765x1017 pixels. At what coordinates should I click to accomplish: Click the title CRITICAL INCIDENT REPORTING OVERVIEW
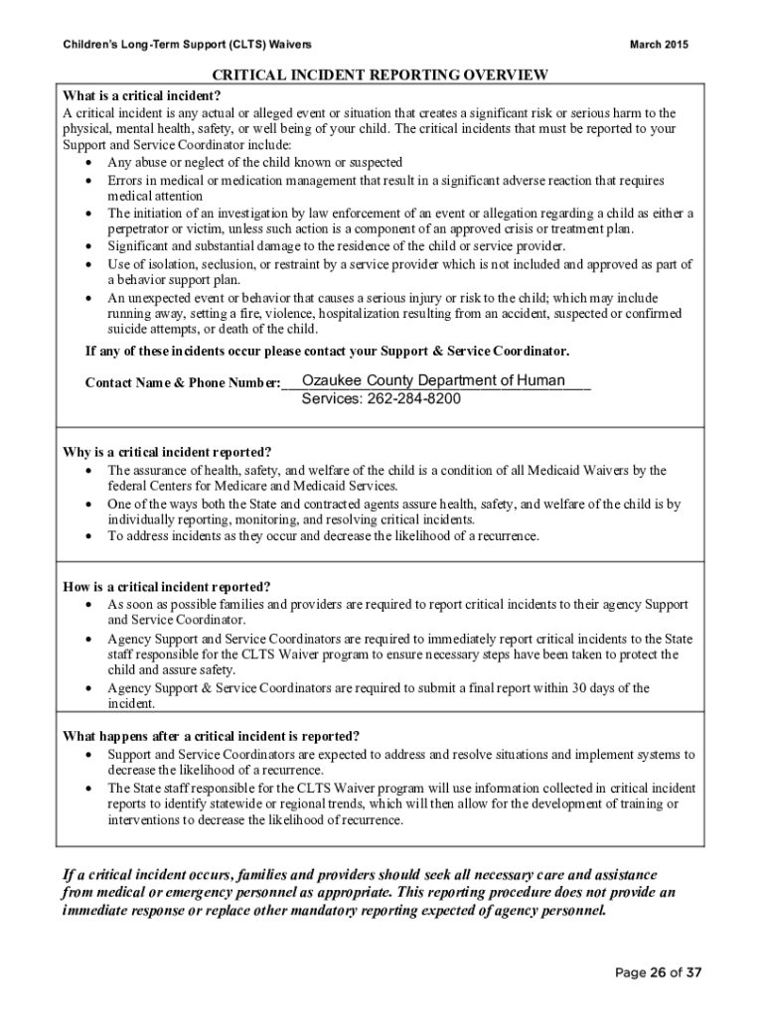382,75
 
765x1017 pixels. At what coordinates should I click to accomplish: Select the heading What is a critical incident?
141,96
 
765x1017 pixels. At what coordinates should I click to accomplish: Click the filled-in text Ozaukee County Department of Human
433,381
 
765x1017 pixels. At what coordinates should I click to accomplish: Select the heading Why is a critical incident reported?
167,452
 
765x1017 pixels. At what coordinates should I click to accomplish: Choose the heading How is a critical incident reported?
166,586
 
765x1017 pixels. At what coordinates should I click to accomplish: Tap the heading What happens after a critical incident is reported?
212,736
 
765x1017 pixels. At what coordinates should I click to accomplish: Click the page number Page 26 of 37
658,973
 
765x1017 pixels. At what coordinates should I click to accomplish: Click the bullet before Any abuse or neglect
90,163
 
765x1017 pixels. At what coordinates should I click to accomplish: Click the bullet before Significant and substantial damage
90,246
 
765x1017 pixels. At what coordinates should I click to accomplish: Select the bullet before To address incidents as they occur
90,536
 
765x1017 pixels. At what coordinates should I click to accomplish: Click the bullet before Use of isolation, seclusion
90,265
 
